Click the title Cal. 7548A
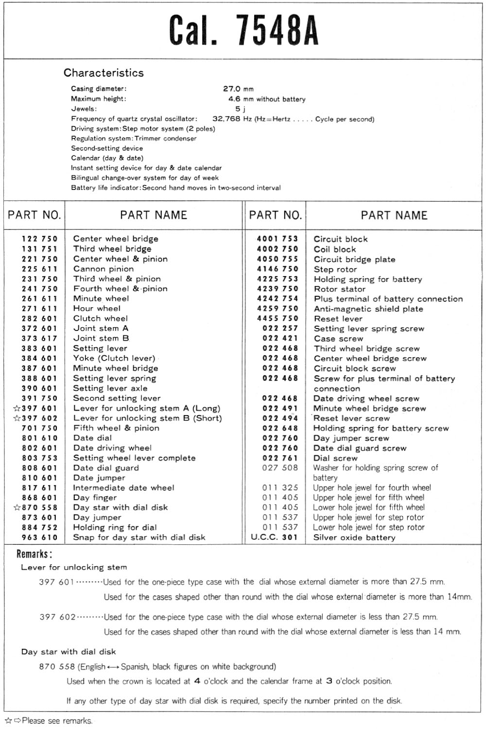tap(243, 30)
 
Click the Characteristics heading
tap(104, 73)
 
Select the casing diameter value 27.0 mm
tap(238, 89)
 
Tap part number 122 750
tap(39, 239)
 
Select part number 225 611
tap(39, 269)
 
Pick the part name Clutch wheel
tap(101, 318)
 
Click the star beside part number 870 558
tap(17, 507)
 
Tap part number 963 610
tap(39, 538)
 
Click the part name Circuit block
tap(341, 239)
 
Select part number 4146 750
tap(278, 269)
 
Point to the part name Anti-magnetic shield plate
tap(368, 309)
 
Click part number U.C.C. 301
tap(274, 538)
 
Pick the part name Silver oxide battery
tap(354, 538)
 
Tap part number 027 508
tap(280, 468)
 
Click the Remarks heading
tap(34, 554)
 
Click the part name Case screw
tap(338, 339)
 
